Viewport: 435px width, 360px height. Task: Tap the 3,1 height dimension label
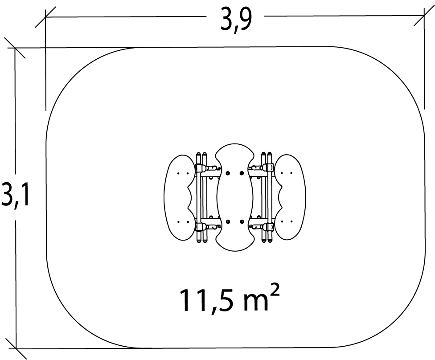pos(15,194)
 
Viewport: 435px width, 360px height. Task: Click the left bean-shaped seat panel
pos(179,197)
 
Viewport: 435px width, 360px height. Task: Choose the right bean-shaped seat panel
pos(291,197)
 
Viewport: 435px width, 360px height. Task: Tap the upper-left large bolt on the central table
pos(228,173)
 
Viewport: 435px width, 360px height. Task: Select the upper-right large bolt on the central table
pos(242,173)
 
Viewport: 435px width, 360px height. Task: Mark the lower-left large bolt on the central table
pos(228,222)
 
